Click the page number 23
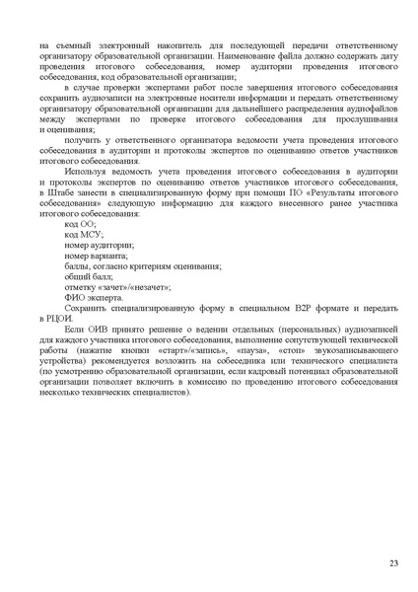[x=393, y=563]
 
